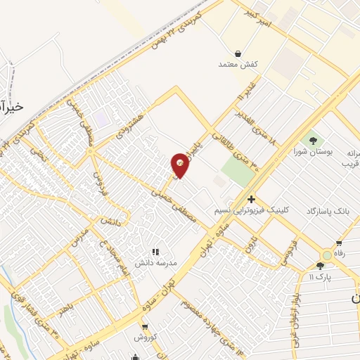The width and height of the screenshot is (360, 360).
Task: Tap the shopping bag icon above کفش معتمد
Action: coord(238,53)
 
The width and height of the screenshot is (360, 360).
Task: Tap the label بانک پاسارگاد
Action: coord(329,211)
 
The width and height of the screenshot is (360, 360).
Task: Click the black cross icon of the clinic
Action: coord(251,199)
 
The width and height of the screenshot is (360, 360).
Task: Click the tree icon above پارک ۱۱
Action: coord(321,265)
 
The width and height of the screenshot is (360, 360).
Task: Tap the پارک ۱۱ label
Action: coord(321,276)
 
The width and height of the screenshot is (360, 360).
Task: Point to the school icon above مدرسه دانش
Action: coord(156,250)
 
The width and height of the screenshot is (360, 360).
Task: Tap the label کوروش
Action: coord(145,337)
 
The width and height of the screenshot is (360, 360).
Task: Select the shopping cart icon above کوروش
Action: coord(145,327)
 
